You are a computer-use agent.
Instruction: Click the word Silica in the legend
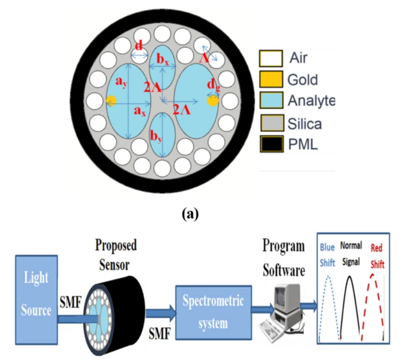305,123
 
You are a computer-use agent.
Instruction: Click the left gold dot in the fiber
111,100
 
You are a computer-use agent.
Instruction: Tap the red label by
155,136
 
